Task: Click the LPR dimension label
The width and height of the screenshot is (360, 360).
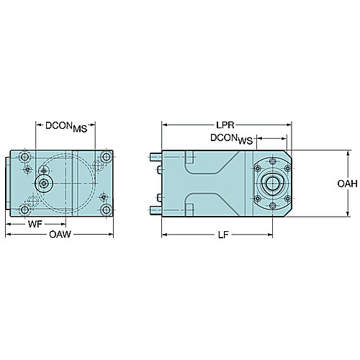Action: pos(225,125)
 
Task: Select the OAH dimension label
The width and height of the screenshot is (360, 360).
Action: pos(347,184)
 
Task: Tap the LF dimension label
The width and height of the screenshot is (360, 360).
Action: pos(223,235)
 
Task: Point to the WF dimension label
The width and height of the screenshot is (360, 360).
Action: pos(35,224)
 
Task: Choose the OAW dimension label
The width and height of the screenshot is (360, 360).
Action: pos(60,234)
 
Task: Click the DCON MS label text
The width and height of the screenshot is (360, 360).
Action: pos(66,127)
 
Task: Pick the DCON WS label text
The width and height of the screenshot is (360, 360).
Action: pos(232,139)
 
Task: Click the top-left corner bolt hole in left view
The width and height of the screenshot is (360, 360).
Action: pos(24,157)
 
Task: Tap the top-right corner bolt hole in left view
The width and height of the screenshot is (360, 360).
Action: pos(106,157)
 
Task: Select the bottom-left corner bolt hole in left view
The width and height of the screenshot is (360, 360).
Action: pos(24,210)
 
